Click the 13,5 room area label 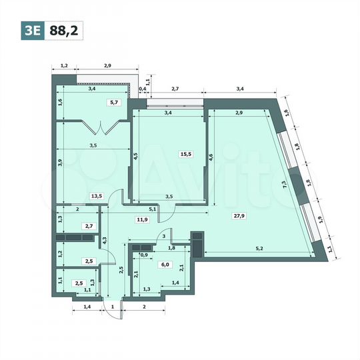click(97, 196)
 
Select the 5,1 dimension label click(153, 209)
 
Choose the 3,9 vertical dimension click(60, 162)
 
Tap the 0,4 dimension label click(142, 88)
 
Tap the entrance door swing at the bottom click(108, 301)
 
